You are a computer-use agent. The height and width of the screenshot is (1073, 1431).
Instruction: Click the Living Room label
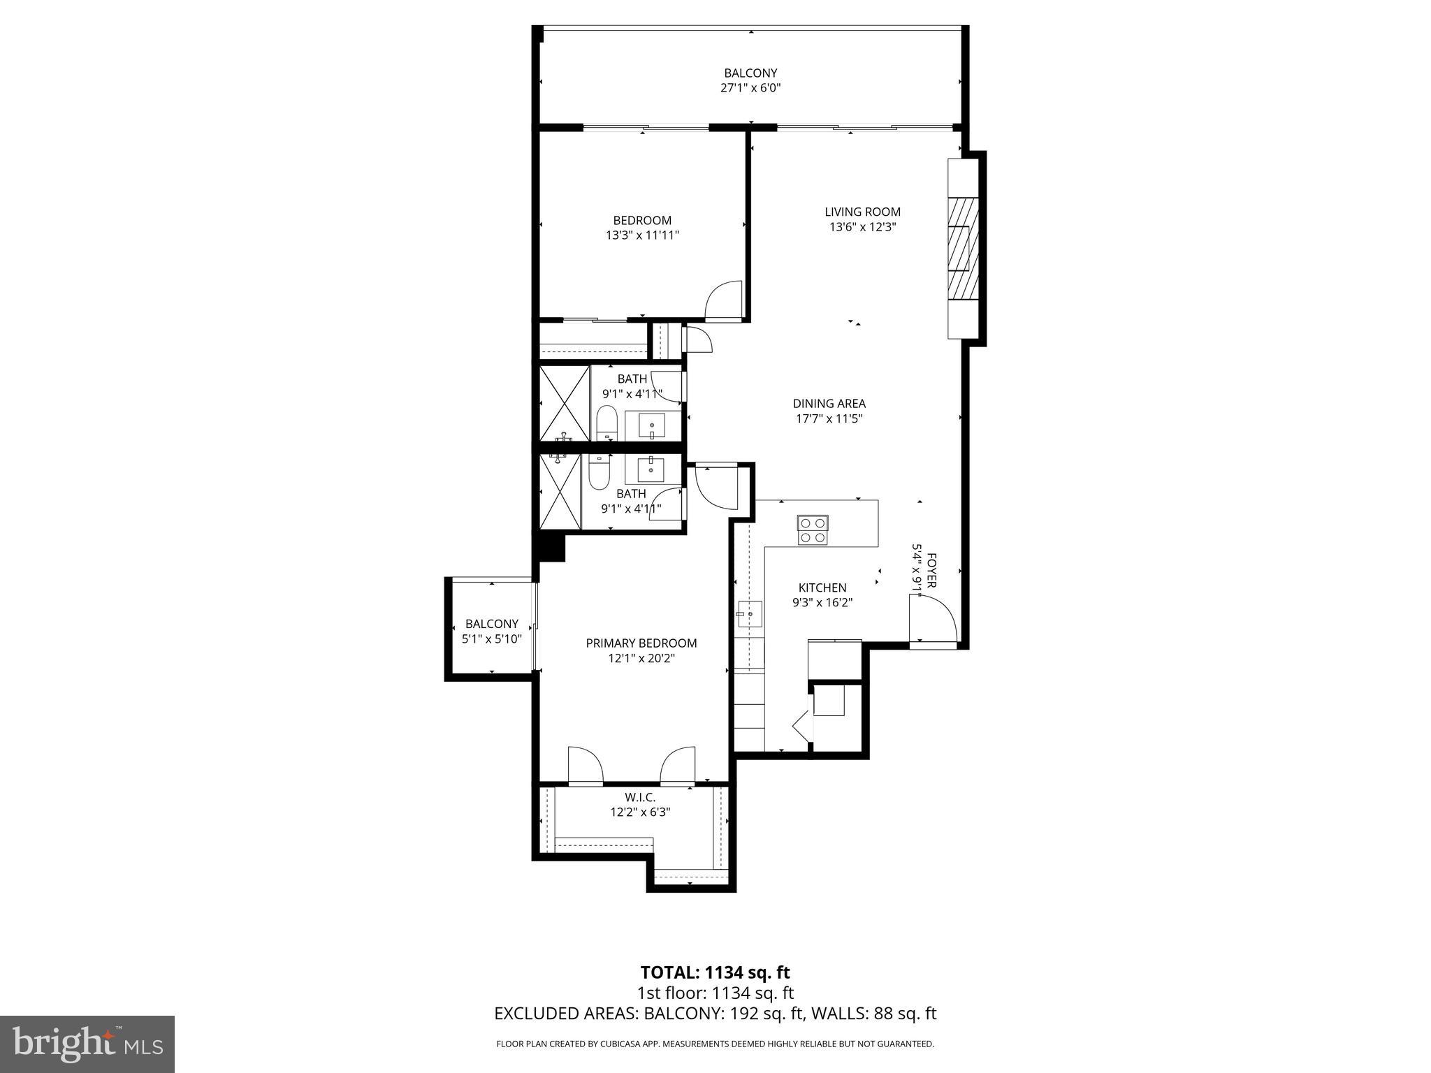(862, 212)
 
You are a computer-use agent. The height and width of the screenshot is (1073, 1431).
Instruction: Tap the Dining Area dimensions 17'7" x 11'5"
(829, 419)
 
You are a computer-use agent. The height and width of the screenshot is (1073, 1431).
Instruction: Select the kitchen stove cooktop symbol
(813, 530)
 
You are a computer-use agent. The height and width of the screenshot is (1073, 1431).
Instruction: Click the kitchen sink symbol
(748, 615)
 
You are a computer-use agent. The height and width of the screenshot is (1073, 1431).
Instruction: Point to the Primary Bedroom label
(641, 643)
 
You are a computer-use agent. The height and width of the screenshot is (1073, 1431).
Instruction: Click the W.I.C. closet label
(640, 797)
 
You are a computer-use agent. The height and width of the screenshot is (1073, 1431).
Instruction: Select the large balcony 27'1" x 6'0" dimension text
(750, 88)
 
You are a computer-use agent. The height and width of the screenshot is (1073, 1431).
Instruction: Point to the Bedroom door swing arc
(724, 301)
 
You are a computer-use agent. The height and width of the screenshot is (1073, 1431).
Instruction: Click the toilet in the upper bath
(606, 423)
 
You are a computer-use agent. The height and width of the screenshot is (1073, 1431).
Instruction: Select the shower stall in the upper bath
(565, 403)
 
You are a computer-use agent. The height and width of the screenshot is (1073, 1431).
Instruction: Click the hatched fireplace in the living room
(962, 248)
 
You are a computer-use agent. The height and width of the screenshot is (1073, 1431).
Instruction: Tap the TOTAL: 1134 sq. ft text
(715, 972)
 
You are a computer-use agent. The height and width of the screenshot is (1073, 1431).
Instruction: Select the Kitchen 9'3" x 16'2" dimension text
(822, 603)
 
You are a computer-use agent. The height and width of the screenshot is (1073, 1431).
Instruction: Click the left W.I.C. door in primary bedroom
(585, 766)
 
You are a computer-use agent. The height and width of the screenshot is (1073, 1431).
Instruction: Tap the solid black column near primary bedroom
(551, 547)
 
